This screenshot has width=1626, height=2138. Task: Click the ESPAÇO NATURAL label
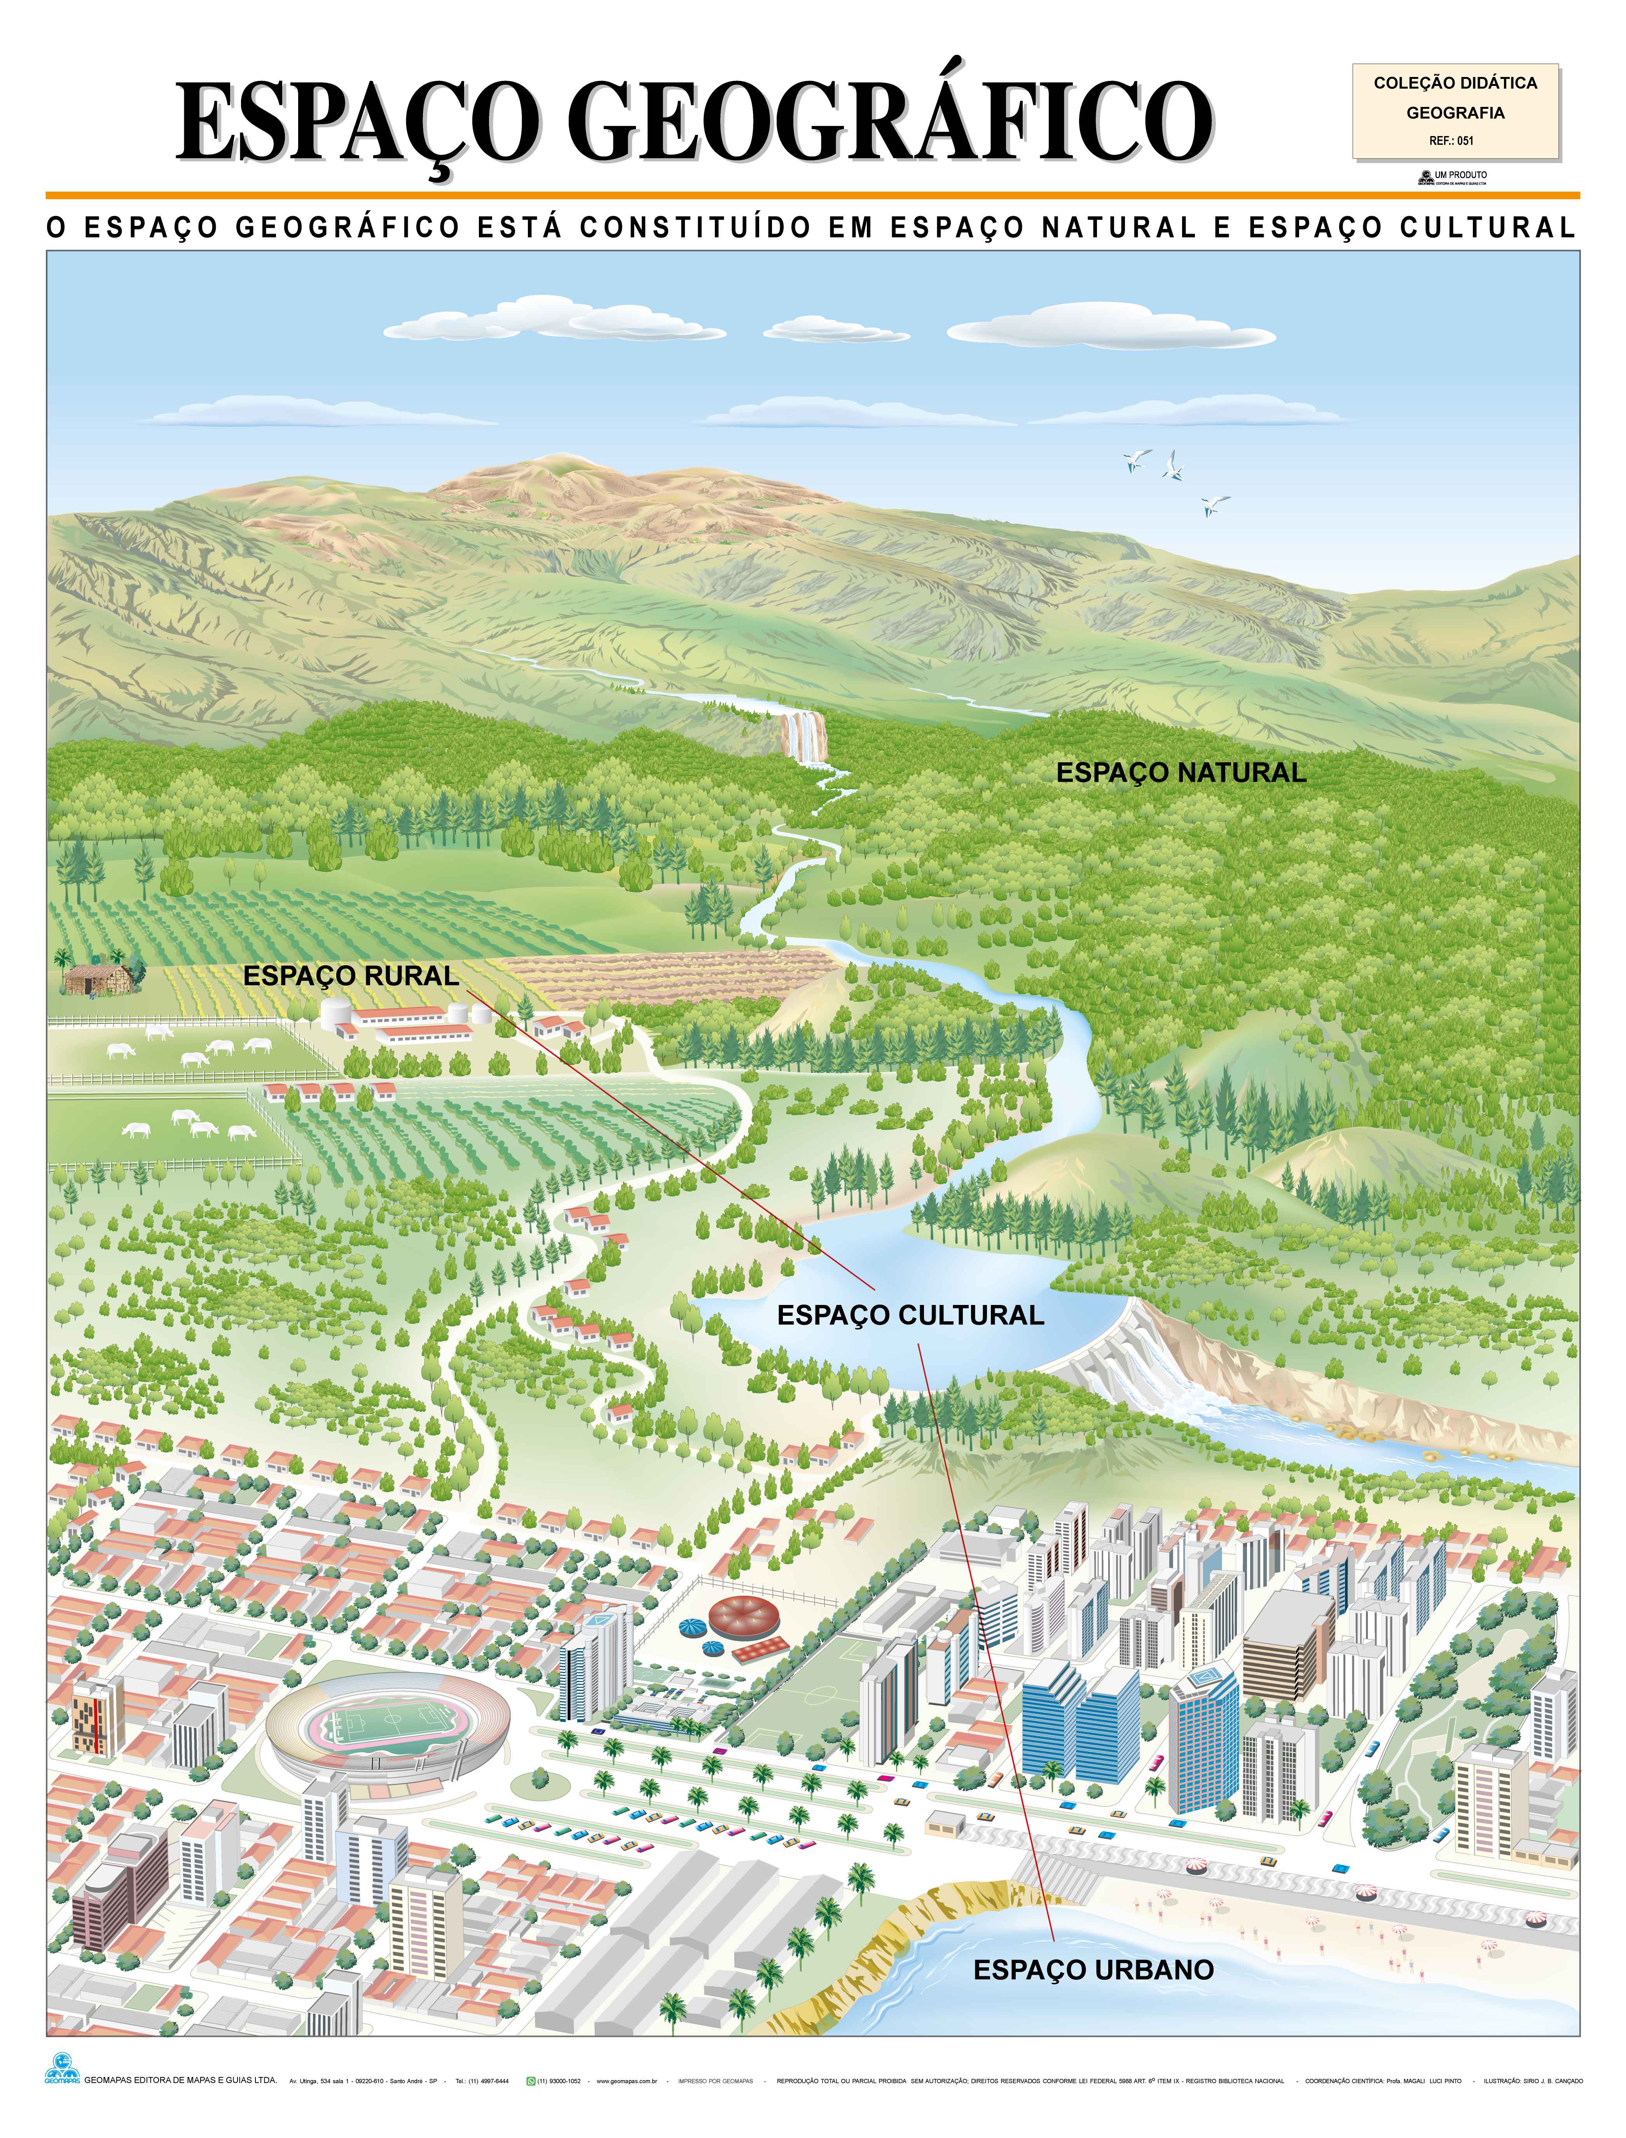(1181, 772)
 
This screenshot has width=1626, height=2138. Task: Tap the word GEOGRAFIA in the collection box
(1455, 112)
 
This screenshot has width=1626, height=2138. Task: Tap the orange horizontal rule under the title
(813, 196)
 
